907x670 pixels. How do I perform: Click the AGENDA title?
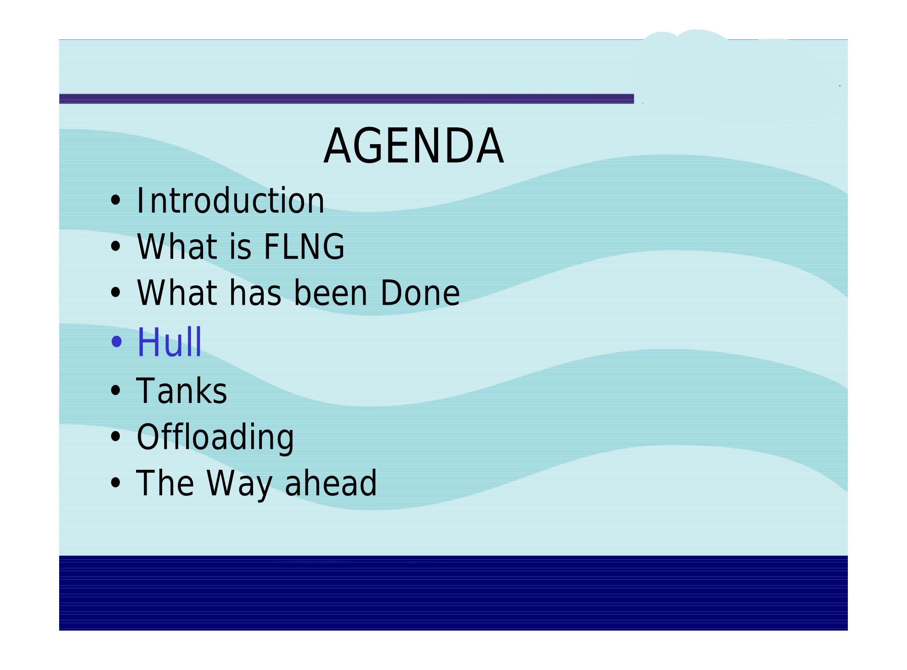tap(414, 145)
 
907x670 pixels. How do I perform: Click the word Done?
tap(420, 292)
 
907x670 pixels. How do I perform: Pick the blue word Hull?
tap(169, 341)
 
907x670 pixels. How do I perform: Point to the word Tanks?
tap(181, 390)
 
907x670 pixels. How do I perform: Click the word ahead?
tap(331, 483)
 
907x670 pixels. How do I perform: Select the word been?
tap(330, 292)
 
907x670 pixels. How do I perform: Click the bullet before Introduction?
tap(116, 200)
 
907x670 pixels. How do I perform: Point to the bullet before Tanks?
tap(116, 390)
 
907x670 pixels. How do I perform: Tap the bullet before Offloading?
tap(116, 436)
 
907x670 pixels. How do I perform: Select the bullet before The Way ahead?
tap(116, 483)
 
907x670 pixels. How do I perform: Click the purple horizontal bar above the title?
tap(346, 99)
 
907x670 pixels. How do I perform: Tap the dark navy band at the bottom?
tap(453, 592)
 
